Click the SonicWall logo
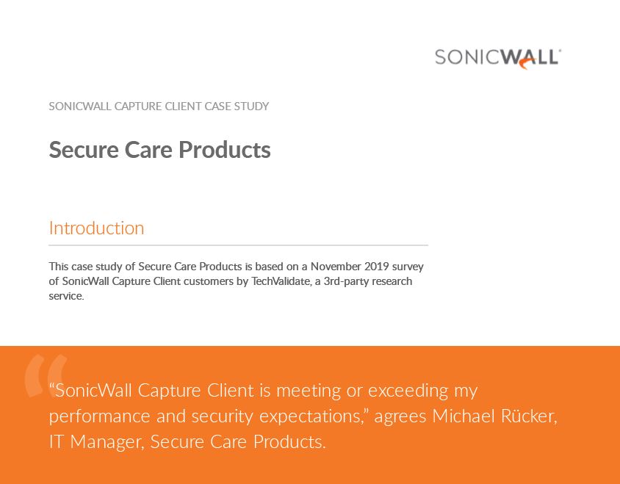[x=497, y=58]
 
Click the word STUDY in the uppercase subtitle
[x=252, y=106]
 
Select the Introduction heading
[x=96, y=228]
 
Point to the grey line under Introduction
[x=238, y=245]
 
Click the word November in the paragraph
[x=334, y=267]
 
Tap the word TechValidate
[x=283, y=281]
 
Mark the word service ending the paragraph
[x=65, y=297]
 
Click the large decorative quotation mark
[x=46, y=375]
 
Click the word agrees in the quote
[x=400, y=417]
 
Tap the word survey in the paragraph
[x=407, y=267]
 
